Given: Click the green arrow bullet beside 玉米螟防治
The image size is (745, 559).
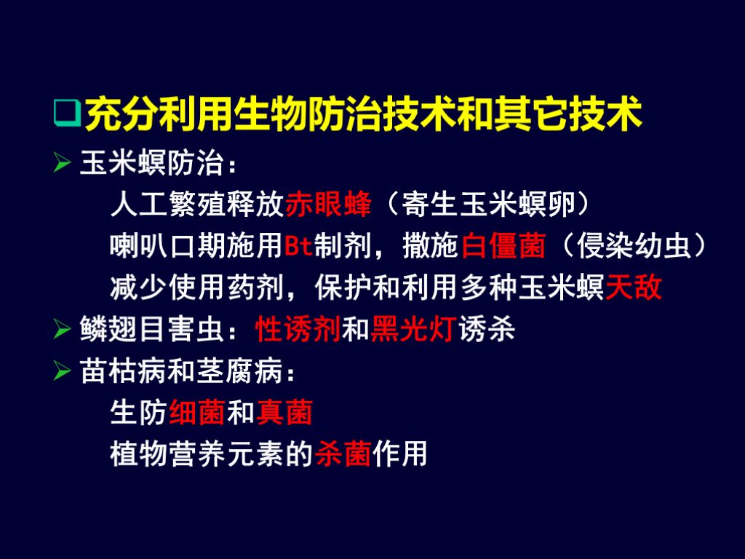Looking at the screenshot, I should (x=63, y=163).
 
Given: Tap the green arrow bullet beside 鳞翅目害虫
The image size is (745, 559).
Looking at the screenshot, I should (x=63, y=330).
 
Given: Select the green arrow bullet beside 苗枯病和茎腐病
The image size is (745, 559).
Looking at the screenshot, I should (x=63, y=372).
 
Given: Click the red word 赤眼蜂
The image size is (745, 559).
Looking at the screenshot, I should (x=328, y=205).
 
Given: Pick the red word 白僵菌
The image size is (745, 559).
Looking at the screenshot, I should (x=503, y=247).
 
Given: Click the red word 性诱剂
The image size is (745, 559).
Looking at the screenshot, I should (x=298, y=330).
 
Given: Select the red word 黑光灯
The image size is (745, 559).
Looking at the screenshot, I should (x=413, y=330).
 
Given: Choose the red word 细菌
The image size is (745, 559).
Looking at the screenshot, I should (x=197, y=413).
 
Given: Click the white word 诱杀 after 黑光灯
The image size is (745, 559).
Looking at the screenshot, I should (x=487, y=330).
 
